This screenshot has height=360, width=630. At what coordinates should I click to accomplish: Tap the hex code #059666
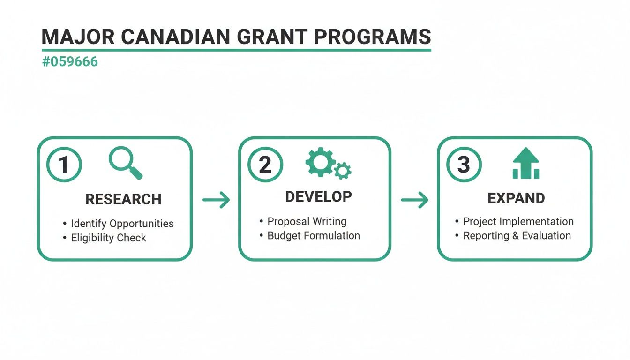[70, 62]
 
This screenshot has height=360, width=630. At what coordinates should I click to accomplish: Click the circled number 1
[64, 165]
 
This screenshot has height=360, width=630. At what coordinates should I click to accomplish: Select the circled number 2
[265, 165]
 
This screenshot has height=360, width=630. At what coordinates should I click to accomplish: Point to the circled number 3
[463, 165]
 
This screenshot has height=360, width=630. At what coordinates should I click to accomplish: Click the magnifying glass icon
[125, 163]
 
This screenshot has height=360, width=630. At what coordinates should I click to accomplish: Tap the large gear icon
[320, 161]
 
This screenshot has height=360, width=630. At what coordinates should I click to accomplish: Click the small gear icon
[343, 171]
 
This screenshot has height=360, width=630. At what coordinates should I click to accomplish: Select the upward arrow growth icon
[525, 163]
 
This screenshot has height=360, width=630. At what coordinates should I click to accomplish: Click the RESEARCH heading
[123, 199]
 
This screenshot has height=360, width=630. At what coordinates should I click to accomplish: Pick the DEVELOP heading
[318, 197]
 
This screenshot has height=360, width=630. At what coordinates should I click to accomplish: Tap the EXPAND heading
[516, 198]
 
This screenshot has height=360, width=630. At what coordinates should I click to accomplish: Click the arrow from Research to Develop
[216, 200]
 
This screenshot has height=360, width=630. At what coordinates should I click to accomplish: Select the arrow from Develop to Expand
[415, 200]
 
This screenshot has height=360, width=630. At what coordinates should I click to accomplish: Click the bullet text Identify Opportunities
[122, 224]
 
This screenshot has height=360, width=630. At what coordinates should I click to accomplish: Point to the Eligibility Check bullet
[108, 238]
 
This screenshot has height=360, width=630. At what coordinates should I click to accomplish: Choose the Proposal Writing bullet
[307, 221]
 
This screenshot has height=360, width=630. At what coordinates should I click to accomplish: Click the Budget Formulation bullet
[313, 235]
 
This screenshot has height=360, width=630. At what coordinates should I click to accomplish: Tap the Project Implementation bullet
[518, 221]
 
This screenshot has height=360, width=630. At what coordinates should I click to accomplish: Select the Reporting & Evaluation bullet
[517, 235]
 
